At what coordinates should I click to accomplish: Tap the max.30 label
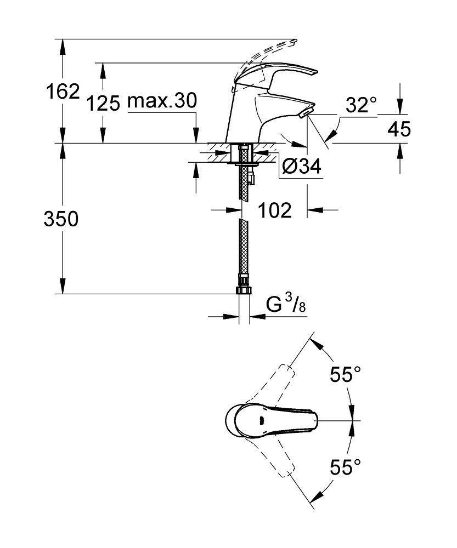(x=162, y=102)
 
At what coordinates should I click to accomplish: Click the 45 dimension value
(x=399, y=129)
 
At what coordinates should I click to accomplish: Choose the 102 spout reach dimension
(x=275, y=210)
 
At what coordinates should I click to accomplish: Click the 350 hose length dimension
(x=61, y=219)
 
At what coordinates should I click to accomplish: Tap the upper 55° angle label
(x=346, y=375)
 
